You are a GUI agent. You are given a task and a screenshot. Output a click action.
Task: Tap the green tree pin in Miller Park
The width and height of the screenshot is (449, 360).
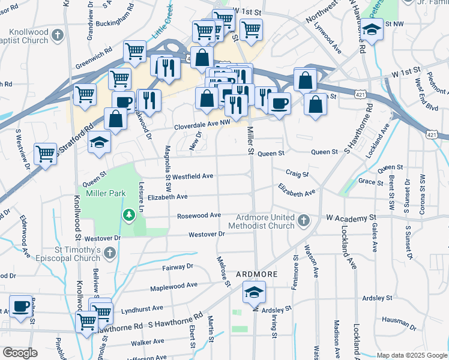[x=128, y=215]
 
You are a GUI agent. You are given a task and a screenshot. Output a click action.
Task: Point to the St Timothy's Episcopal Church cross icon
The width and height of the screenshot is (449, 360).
[x=109, y=254]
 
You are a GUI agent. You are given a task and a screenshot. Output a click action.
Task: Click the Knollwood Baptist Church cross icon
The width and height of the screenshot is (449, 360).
[x=58, y=35]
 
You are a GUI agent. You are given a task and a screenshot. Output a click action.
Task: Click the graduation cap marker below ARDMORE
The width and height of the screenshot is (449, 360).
[x=254, y=293]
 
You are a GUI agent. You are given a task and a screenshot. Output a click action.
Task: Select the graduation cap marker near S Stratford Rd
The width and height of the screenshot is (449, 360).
[x=100, y=142]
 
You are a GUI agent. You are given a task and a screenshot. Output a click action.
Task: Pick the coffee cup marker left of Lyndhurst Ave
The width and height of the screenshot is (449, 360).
[x=20, y=306]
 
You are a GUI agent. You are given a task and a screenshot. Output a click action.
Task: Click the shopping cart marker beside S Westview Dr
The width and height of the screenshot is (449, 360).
[x=46, y=154]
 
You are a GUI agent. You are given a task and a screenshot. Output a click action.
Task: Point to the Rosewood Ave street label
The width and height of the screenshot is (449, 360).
[x=199, y=215]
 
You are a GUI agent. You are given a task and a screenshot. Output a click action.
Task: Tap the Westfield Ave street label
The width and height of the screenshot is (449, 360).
[x=193, y=176]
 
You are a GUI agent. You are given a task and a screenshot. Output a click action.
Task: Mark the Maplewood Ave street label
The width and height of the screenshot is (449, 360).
[x=173, y=287]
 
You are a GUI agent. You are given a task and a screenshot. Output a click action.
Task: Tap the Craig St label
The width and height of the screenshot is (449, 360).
[x=297, y=174]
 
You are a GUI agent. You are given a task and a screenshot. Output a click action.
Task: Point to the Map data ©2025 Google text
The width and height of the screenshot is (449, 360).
[x=411, y=355]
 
